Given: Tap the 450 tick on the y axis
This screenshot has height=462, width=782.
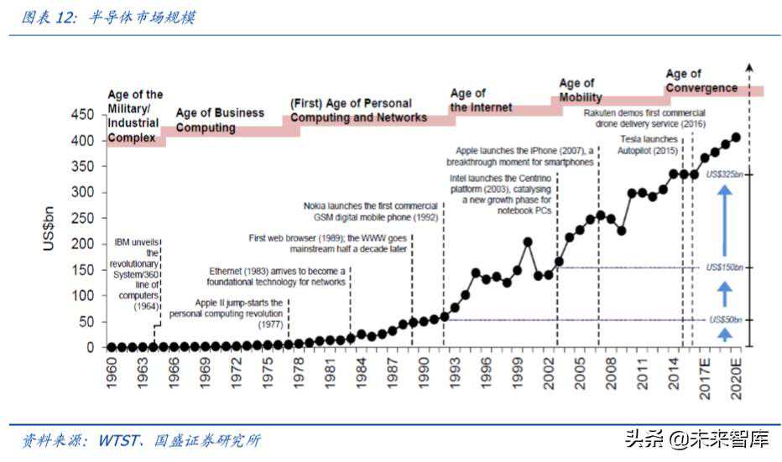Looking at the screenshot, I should [83, 114].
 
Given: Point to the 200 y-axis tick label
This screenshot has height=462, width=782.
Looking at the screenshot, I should [83, 244].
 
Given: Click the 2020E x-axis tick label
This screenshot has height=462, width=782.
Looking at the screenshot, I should [736, 374].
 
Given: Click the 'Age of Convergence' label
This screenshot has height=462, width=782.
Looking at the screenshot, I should [701, 81].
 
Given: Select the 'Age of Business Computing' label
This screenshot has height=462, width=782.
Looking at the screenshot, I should [220, 120].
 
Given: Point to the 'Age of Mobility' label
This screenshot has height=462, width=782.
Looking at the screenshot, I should [581, 90].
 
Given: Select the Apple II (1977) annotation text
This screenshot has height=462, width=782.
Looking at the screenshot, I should [228, 308].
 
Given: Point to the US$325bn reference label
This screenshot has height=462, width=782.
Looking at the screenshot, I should [725, 174].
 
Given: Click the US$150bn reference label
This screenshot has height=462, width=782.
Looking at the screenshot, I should [725, 267].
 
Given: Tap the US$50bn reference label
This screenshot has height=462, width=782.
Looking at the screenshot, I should [727, 320].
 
